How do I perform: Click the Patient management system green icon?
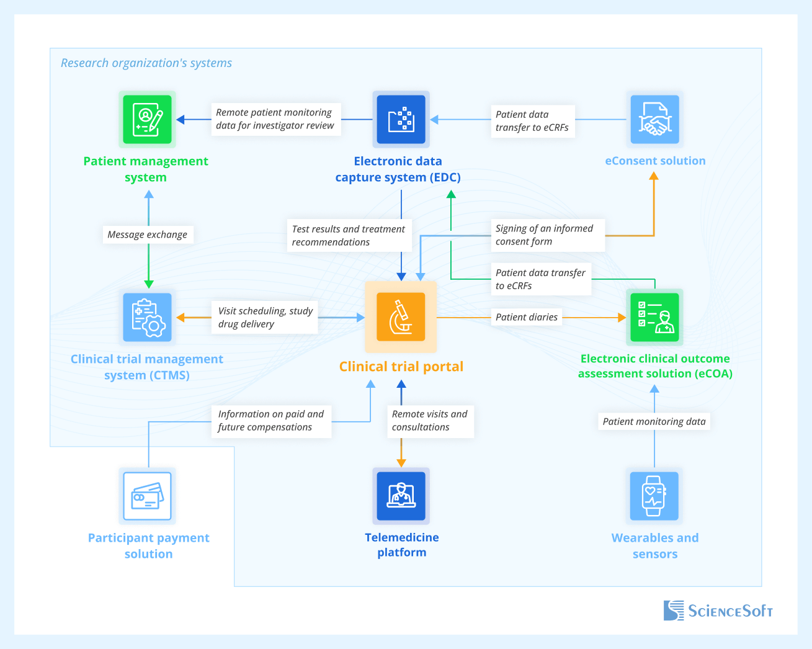tap(147, 119)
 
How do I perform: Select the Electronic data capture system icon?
tap(401, 119)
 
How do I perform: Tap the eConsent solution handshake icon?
tap(654, 119)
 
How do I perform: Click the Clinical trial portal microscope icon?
tap(401, 316)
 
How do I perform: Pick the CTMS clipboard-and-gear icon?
tap(148, 317)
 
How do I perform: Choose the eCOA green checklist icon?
tap(654, 317)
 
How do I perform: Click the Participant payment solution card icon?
tap(148, 496)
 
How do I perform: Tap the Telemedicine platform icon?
tap(401, 496)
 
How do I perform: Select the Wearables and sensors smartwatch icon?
tap(654, 496)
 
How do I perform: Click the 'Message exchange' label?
tap(148, 235)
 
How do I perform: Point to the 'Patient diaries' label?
tap(527, 317)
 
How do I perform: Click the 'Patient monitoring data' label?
tap(654, 421)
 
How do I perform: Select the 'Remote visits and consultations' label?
tap(430, 421)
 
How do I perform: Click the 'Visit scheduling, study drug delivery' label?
tap(265, 318)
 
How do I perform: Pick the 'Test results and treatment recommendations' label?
tap(348, 235)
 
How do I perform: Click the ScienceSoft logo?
tap(718, 611)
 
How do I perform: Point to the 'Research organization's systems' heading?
tap(146, 63)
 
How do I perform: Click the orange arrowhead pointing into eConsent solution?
tap(653, 176)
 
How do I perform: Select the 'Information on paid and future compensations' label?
tap(271, 421)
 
